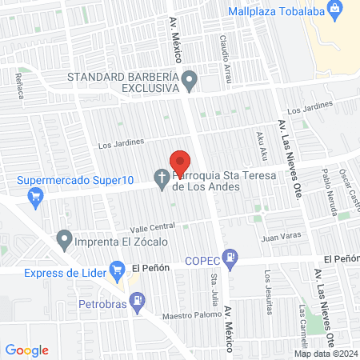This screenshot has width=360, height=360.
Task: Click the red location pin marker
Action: click(180, 161)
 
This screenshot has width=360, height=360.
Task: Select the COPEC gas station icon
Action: click(230, 258)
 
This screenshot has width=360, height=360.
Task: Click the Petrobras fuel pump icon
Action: click(138, 300)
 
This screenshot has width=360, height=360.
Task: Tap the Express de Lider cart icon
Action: click(117, 269)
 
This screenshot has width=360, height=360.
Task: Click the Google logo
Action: click(26, 350)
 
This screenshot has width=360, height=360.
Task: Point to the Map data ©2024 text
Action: click(324, 354)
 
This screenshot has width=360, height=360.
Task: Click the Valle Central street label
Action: click(146, 226)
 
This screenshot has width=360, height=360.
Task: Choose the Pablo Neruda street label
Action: click(326, 184)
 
